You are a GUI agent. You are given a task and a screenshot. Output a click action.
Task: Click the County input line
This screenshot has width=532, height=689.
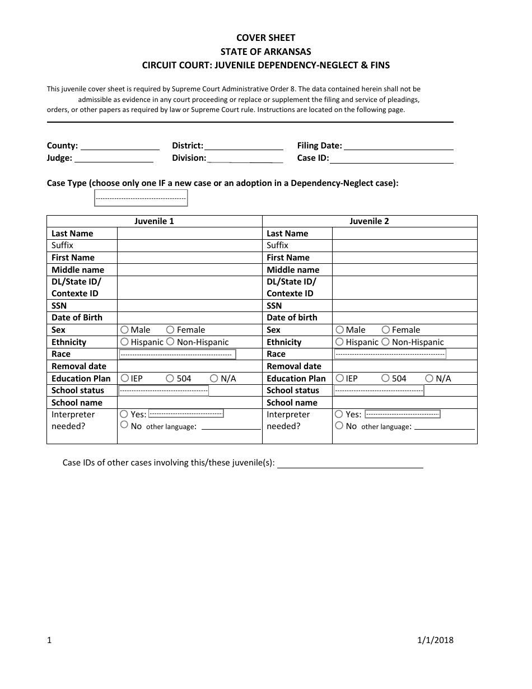[x=120, y=146]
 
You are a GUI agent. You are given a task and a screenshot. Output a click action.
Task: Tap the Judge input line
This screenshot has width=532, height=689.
[x=114, y=159]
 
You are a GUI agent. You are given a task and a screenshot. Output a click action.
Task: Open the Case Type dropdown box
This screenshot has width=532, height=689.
[x=141, y=198]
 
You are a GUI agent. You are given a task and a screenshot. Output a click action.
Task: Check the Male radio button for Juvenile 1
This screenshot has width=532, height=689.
[x=124, y=330]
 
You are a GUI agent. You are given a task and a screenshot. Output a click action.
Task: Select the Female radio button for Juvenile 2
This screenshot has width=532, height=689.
[x=386, y=330]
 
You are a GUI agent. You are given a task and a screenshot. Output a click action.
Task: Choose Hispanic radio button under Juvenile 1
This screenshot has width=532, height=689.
[x=124, y=342]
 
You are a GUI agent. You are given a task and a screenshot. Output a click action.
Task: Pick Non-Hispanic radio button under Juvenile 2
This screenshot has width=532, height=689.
[x=386, y=342]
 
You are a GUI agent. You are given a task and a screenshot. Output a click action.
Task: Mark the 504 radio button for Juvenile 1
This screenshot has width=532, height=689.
[x=170, y=379]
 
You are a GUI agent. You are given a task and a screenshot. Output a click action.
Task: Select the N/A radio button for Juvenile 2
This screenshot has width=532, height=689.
[x=430, y=379]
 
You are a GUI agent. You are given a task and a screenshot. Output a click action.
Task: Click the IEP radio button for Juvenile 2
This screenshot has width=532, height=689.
[x=339, y=379]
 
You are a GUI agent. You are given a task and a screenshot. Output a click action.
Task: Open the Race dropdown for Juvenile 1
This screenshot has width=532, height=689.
[x=177, y=355]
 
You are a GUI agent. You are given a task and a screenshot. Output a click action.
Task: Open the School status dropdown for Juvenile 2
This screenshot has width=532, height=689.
[x=379, y=390]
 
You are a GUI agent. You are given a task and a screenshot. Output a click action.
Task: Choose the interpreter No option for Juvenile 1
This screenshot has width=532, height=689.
[x=124, y=425]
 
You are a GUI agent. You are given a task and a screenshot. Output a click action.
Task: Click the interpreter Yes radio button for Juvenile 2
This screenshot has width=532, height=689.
[x=339, y=414]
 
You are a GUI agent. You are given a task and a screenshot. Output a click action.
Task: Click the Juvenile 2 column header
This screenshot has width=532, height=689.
[x=369, y=221]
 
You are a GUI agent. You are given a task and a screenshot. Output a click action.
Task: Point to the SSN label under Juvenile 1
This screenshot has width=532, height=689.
[x=59, y=306]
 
